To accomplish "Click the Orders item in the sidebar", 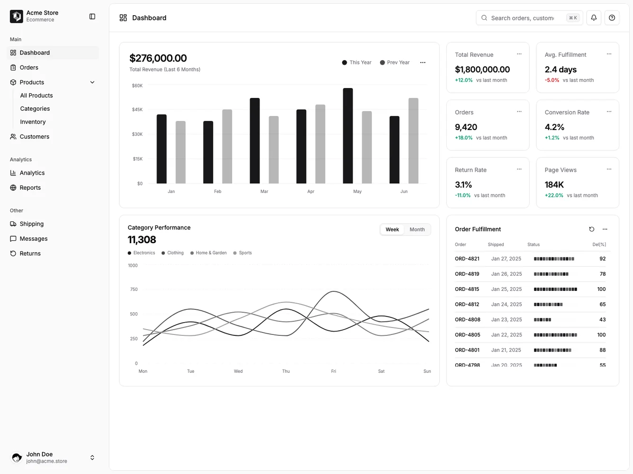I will pyautogui.click(x=29, y=68).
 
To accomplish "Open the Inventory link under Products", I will pyautogui.click(x=33, y=122).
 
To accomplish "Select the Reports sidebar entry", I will pyautogui.click(x=30, y=188).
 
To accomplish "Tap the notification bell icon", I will pyautogui.click(x=594, y=18).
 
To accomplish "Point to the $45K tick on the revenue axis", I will pyautogui.click(x=137, y=110).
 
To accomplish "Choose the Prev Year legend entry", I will pyautogui.click(x=395, y=62).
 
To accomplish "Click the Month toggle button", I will pyautogui.click(x=417, y=229).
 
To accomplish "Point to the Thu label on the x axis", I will pyautogui.click(x=286, y=371).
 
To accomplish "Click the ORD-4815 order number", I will pyautogui.click(x=467, y=289).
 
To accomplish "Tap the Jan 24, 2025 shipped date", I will pyautogui.click(x=506, y=304).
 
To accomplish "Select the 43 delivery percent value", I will pyautogui.click(x=602, y=320).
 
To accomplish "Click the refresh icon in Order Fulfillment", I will pyautogui.click(x=591, y=229).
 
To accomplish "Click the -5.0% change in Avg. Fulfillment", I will pyautogui.click(x=552, y=80).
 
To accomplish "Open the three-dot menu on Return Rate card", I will pyautogui.click(x=519, y=169).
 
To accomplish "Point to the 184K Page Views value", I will pyautogui.click(x=554, y=185).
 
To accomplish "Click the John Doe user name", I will pyautogui.click(x=39, y=454).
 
